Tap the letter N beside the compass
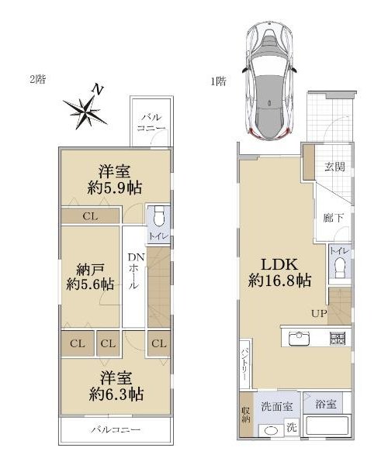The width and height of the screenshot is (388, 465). point(97,89)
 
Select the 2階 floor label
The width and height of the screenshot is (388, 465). point(38,79)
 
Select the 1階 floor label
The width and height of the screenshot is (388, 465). point(219,81)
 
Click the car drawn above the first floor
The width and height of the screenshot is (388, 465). point(269,81)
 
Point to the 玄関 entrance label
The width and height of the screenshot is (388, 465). point(334,167)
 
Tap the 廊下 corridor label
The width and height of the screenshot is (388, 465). point(333,219)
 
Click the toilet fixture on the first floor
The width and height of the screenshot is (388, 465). point(340,268)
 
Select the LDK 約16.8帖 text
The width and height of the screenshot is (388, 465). point(279,272)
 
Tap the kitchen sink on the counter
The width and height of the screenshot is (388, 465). point(300,338)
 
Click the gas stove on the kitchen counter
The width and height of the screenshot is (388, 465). point(338,339)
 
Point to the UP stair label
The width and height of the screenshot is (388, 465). point(319,313)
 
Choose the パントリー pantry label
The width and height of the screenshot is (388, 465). point(244,364)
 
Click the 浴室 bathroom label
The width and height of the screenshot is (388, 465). point(326,404)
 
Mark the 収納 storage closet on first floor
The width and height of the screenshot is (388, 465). point(245,415)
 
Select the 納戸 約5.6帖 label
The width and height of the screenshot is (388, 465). point(90,277)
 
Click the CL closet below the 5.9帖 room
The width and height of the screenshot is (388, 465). point(90,216)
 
